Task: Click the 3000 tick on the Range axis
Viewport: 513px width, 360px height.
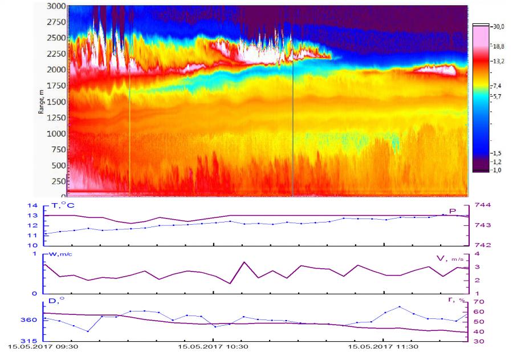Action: [x=55, y=6]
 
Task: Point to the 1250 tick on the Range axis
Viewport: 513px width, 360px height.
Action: [x=55, y=118]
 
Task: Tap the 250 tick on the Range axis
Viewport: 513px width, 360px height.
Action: [x=57, y=181]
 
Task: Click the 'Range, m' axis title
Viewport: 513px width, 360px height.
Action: [x=41, y=102]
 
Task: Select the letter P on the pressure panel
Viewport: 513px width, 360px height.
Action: [x=453, y=211]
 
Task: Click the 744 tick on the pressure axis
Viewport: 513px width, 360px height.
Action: [x=476, y=205]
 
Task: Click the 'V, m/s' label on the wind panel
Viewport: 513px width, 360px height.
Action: [x=448, y=258]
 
